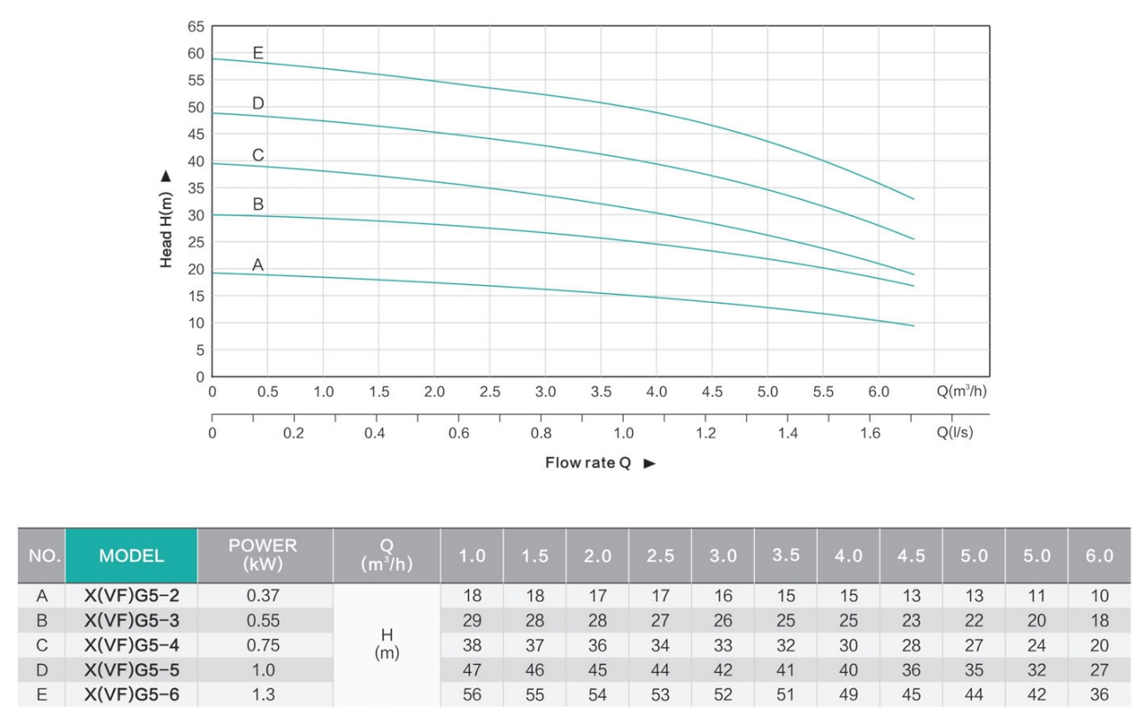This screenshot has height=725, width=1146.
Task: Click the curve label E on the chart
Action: [x=258, y=53]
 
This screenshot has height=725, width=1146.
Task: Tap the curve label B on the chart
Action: [x=258, y=204]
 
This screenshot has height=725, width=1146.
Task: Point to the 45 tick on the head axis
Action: [x=196, y=135]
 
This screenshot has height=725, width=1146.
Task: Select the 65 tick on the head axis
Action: [x=196, y=27]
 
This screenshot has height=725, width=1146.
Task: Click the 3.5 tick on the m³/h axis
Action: [x=601, y=391]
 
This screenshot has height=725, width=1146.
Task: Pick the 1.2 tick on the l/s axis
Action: [x=705, y=433]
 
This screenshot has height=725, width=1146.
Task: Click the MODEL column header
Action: [x=131, y=556]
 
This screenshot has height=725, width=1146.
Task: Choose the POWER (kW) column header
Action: [x=263, y=555]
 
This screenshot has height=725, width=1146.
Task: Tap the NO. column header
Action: [x=42, y=556]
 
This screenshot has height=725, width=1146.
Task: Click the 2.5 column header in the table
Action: [x=660, y=556]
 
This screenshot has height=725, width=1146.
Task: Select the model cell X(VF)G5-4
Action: [x=131, y=645]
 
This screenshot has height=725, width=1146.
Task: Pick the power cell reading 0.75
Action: [x=263, y=645]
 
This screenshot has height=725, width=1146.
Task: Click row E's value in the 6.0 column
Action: [x=1099, y=695]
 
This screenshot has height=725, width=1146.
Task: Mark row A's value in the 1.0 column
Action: [x=472, y=596]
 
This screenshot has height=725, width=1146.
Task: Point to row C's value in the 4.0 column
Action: [x=849, y=645]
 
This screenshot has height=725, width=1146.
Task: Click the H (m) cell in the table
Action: [x=386, y=644]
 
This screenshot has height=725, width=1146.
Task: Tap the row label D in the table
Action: [x=42, y=670]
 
